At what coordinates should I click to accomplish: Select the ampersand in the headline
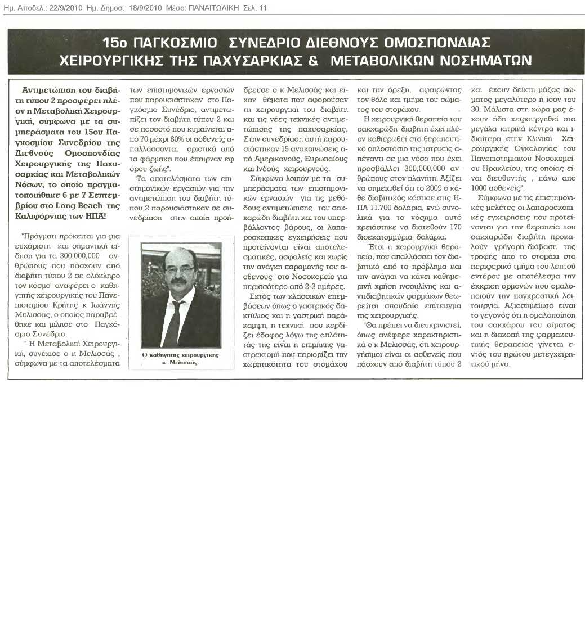click(x=313, y=60)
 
